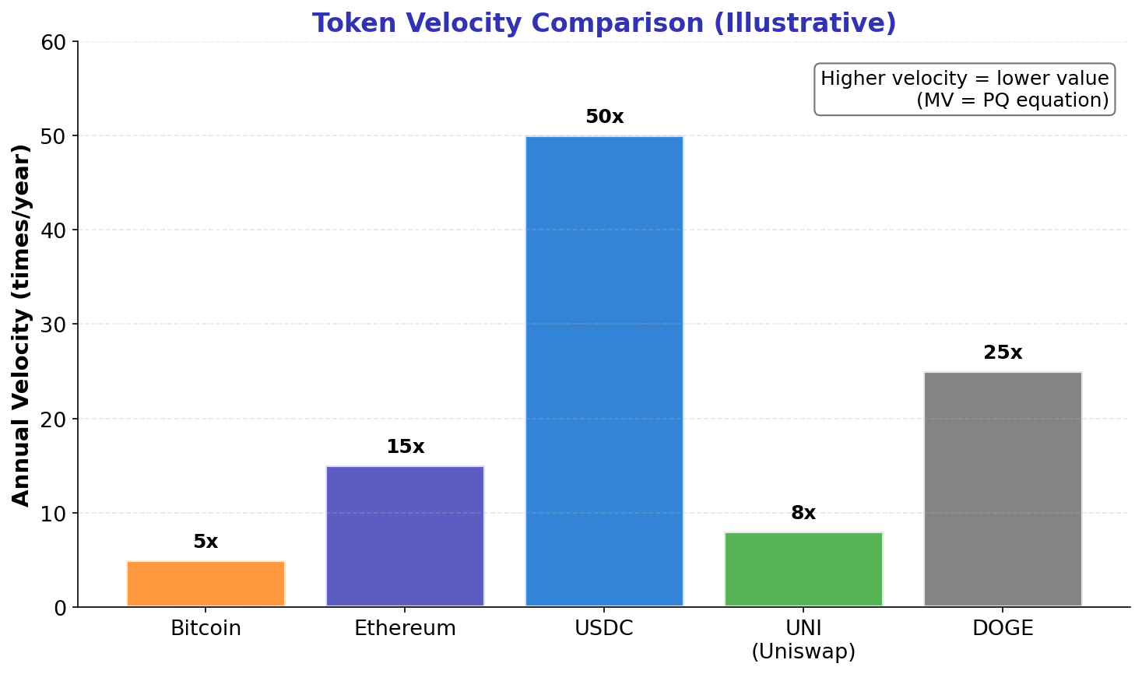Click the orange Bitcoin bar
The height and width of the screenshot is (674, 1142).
[x=206, y=583]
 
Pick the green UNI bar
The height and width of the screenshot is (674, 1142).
[x=803, y=569]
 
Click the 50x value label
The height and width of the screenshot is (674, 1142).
[x=604, y=117]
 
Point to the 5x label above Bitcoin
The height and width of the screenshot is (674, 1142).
[x=206, y=542]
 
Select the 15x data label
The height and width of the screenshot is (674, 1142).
[x=405, y=447]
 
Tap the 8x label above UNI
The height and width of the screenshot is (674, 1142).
[x=803, y=513]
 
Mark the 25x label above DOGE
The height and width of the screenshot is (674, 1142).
[x=1003, y=353]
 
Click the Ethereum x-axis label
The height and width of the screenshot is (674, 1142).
[x=405, y=628]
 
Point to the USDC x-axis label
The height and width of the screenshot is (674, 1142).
[x=604, y=628]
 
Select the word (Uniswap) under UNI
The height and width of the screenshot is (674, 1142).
[x=803, y=651]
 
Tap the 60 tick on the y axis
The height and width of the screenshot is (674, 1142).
[x=57, y=42]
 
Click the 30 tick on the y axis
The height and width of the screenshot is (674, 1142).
[x=57, y=325]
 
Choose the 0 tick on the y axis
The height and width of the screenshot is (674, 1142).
[x=62, y=608]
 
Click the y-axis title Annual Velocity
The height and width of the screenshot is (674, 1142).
[x=21, y=325]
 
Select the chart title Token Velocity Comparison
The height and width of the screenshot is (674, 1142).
[x=604, y=23]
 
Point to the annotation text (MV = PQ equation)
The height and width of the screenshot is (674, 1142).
[x=1012, y=100]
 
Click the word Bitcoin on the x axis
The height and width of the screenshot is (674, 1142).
[x=206, y=628]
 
